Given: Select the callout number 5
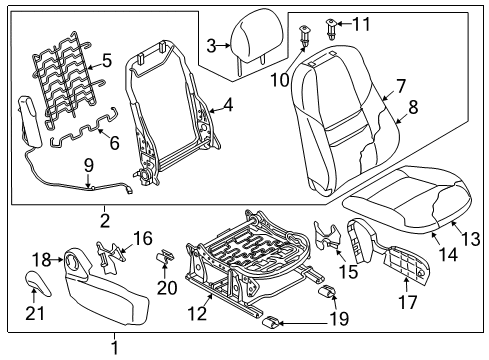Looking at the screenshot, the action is tap(107, 61).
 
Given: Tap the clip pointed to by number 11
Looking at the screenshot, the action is tap(331, 29).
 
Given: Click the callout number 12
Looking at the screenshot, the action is tap(197, 313).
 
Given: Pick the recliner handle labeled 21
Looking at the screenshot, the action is tap(38, 283).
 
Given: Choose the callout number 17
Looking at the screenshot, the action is tap(408, 302).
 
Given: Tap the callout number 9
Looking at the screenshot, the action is tap(88, 166).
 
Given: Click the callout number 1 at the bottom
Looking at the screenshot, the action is tap(115, 348).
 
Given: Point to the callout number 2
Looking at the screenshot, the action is tap(105, 221).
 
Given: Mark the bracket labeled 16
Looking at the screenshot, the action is tap(110, 254).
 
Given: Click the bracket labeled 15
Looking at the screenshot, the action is tap(327, 235).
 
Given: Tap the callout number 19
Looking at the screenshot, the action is tap(339, 318).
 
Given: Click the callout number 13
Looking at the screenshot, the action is tap(471, 239).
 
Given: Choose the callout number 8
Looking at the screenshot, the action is tap(413, 107).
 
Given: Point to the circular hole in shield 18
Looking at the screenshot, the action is tap(73, 260).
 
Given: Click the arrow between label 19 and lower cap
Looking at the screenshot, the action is tap(303, 323).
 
